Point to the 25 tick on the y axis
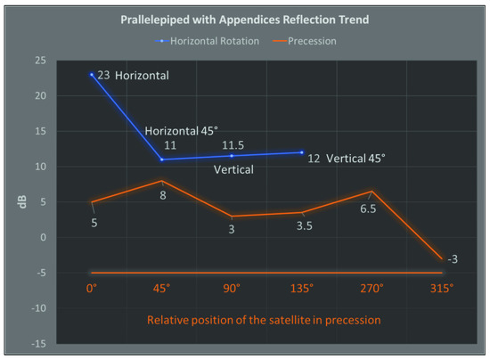point(40,61)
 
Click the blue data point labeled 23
point(91,75)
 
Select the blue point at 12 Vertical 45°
point(302,152)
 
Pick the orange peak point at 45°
point(161,181)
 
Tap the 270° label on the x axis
point(372,289)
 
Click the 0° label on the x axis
point(91,289)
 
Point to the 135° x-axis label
point(301,289)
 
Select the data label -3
point(452,259)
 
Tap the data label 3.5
point(302,227)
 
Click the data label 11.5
point(232,144)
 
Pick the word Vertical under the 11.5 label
point(233,169)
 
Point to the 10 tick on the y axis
point(40,167)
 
